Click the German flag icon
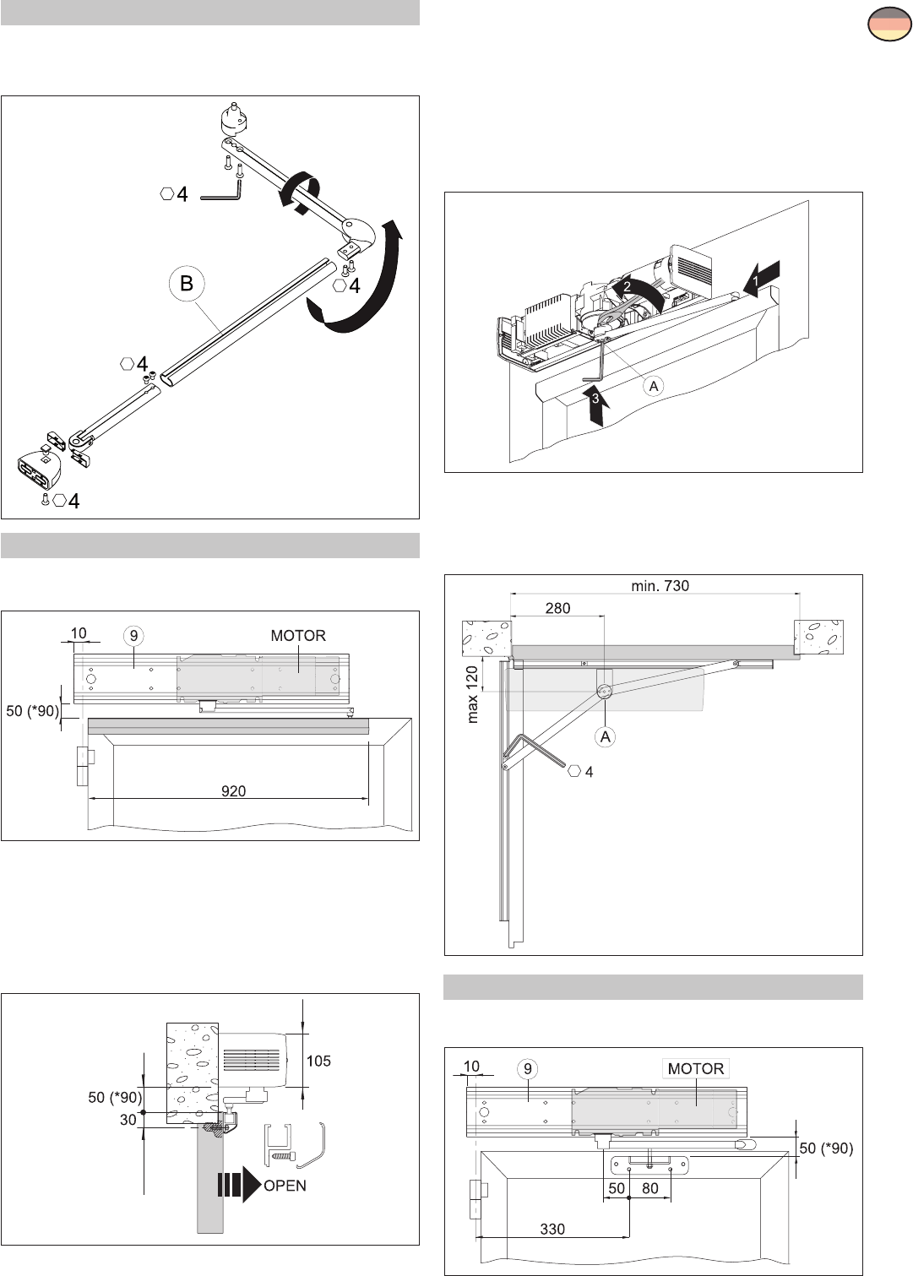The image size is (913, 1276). [889, 24]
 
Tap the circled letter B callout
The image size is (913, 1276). [187, 283]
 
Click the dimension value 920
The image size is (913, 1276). [233, 791]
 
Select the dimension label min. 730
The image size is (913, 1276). [660, 585]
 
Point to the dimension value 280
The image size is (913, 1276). [557, 608]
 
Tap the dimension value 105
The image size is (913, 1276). [318, 1061]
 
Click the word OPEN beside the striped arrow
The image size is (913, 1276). [285, 1186]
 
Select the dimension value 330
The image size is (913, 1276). [552, 1229]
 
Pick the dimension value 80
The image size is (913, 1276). [649, 1187]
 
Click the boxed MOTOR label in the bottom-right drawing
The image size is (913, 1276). [695, 1068]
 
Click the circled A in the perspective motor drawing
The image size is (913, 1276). [653, 386]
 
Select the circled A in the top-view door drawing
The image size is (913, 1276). [606, 736]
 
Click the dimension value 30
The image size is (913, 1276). [128, 1120]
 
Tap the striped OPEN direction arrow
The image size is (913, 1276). [239, 1185]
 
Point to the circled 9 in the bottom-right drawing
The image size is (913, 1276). [528, 1069]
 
